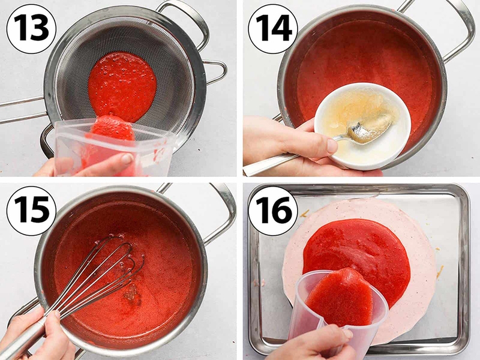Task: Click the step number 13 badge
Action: (x=31, y=29)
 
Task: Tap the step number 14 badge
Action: (x=273, y=29)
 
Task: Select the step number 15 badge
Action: (x=31, y=211)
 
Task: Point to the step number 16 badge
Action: (x=273, y=211)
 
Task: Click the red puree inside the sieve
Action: (x=122, y=86)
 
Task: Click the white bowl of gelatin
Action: (x=363, y=126)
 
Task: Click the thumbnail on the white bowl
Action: (x=332, y=146)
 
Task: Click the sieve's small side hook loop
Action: (x=216, y=72)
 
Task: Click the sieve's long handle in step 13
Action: (x=23, y=110)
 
